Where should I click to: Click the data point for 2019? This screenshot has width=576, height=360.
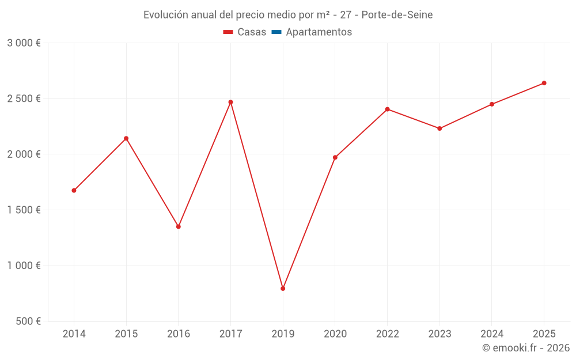tap(283, 289)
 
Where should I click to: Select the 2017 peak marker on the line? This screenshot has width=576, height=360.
tap(230, 102)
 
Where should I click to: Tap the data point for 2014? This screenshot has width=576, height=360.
tap(74, 191)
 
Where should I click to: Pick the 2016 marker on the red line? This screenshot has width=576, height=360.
tap(179, 226)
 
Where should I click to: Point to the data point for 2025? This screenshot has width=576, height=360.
tap(544, 83)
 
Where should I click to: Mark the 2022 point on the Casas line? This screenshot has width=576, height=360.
tap(387, 109)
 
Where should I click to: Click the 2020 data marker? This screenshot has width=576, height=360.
tap(335, 157)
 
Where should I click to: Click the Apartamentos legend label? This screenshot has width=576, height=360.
tap(319, 32)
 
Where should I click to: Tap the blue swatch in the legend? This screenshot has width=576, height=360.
tap(276, 32)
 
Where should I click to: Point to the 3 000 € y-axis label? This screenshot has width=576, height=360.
tap(24, 43)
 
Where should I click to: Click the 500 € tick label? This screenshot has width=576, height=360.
tap(27, 321)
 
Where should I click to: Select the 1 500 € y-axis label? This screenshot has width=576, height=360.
tap(24, 210)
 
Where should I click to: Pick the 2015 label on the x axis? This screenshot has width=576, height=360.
tap(126, 334)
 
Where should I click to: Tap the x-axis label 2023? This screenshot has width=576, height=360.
tap(439, 334)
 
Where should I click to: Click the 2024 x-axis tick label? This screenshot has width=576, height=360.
tap(491, 334)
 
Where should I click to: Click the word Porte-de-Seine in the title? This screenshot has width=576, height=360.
tap(397, 15)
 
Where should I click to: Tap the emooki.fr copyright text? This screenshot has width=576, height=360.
tap(525, 348)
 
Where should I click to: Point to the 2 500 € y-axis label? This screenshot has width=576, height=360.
tap(24, 98)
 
